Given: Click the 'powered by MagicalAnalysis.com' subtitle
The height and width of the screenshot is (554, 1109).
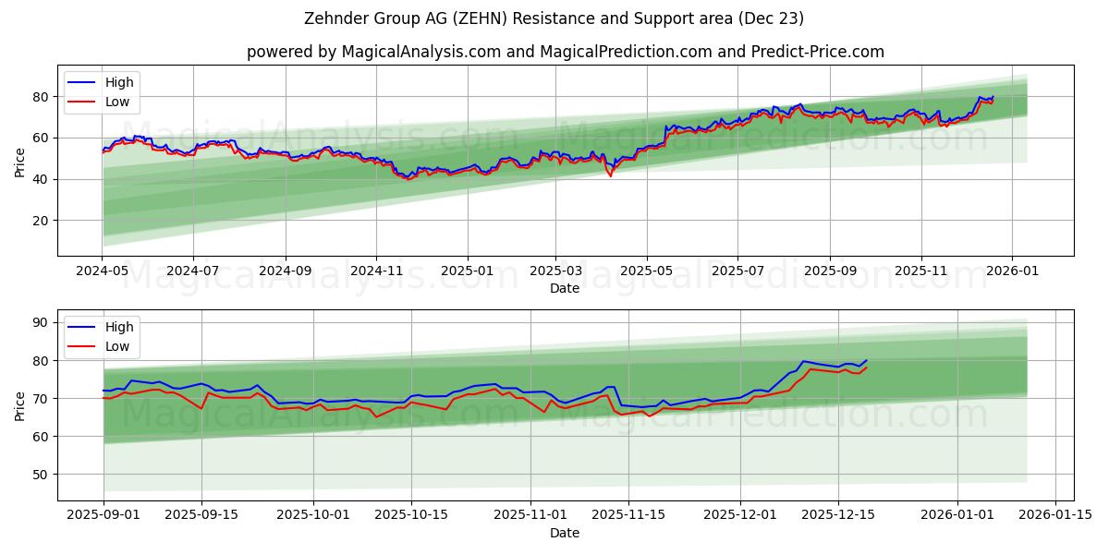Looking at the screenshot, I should point(565,52).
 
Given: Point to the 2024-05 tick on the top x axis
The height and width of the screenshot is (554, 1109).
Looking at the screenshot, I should point(103,272).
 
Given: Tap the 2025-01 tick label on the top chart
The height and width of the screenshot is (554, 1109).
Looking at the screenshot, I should point(467,272).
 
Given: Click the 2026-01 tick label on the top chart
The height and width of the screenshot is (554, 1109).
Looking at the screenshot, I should point(1012,272).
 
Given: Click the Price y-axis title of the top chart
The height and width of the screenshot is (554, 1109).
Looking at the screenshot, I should point(20,162).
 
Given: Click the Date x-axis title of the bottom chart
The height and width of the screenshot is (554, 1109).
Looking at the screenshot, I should point(565,533).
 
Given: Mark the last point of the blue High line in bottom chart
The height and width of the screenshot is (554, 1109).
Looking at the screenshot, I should point(866,360).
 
